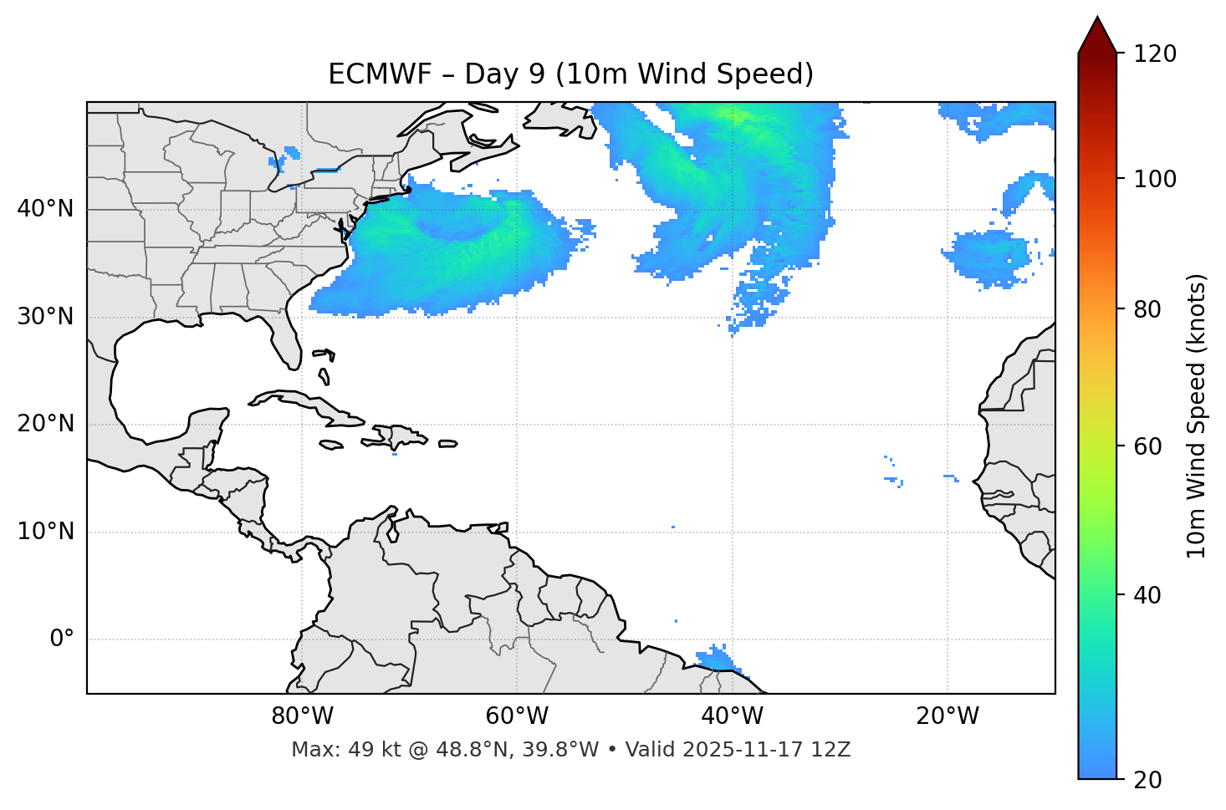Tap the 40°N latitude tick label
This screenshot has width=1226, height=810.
pyautogui.click(x=45, y=209)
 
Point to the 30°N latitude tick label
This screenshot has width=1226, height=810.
pyautogui.click(x=45, y=317)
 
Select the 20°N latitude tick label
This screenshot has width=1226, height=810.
pyautogui.click(x=45, y=424)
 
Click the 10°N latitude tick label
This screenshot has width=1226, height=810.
pyautogui.click(x=45, y=532)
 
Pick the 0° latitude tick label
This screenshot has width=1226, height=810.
pyautogui.click(x=61, y=639)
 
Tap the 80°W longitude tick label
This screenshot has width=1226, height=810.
pyautogui.click(x=302, y=716)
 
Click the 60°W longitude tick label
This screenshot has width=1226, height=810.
pyautogui.click(x=517, y=716)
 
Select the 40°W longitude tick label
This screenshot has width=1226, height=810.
pyautogui.click(x=732, y=716)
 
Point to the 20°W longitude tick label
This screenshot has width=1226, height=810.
pyautogui.click(x=947, y=716)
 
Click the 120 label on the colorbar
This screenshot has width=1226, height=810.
pyautogui.click(x=1154, y=54)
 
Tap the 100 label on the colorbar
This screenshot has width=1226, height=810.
pyautogui.click(x=1154, y=179)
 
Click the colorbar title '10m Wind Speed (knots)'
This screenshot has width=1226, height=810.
pyautogui.click(x=1197, y=415)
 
